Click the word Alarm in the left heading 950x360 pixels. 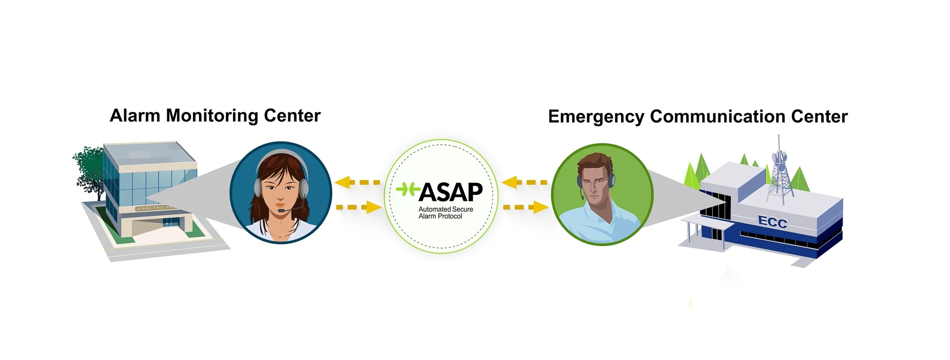pos(135,116)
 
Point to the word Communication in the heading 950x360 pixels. pos(717,116)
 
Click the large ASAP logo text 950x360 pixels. pos(450,192)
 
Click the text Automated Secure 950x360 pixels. pos(445,209)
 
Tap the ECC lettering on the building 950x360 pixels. pos(773,222)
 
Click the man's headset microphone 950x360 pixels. pos(582,198)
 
